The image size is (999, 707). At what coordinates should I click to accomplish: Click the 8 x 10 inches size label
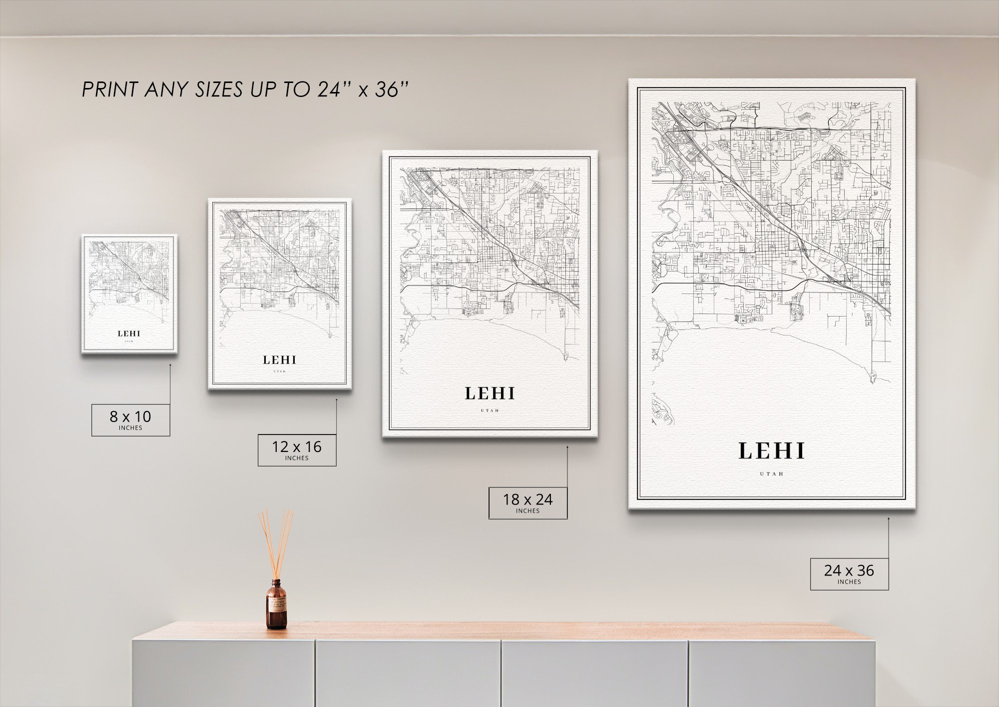click(130, 420)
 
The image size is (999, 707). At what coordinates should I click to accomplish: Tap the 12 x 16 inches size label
click(297, 450)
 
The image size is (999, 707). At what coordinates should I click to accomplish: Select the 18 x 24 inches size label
click(527, 502)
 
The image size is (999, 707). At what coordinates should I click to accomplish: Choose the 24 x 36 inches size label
click(849, 573)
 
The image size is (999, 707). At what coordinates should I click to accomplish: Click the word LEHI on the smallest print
click(129, 333)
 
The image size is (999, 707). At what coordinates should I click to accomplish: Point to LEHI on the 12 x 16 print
click(280, 360)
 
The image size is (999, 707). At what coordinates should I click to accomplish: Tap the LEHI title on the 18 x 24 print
click(490, 394)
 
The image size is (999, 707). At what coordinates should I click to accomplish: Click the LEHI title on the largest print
click(772, 451)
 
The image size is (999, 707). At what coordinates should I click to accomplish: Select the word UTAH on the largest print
click(772, 473)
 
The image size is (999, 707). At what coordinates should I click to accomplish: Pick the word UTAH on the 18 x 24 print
click(490, 411)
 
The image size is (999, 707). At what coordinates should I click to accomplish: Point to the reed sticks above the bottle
click(275, 542)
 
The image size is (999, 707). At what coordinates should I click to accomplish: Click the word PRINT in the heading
click(109, 90)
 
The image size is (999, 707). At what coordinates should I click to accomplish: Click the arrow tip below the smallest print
click(170, 365)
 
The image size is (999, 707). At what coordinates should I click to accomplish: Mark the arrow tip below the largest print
click(889, 519)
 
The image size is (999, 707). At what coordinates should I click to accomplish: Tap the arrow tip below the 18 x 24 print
click(567, 447)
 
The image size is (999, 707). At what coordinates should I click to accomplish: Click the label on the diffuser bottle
click(276, 606)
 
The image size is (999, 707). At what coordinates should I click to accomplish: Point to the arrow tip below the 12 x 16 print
click(336, 399)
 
